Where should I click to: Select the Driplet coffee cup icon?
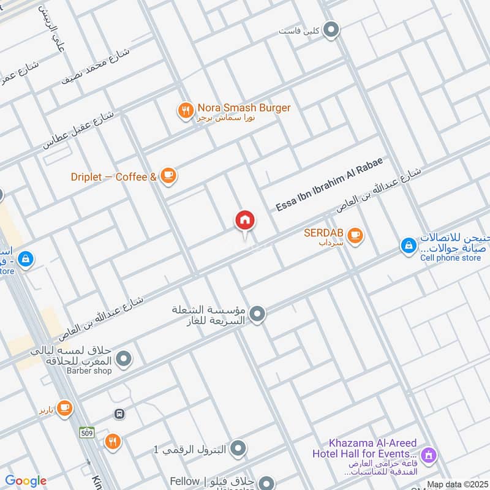coord(168,177)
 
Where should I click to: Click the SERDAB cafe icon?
coord(355,235)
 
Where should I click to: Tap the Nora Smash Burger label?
coord(244,108)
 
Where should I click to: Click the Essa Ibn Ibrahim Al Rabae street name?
coord(329,184)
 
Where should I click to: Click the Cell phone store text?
coord(450,258)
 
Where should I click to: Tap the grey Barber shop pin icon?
coord(124,359)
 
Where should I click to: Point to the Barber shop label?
coord(89,371)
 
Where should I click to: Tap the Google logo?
coord(26,481)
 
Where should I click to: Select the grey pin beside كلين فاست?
coord(331,29)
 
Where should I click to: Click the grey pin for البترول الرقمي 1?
coord(239,449)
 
